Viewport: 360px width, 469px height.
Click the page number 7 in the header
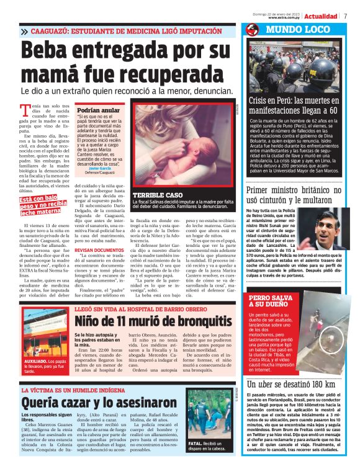(345, 16)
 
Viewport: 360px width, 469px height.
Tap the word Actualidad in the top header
(321, 16)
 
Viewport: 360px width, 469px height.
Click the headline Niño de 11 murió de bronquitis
(157, 321)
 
